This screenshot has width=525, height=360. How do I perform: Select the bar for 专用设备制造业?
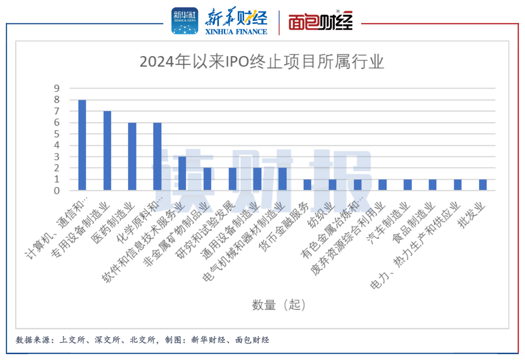[x=107, y=151]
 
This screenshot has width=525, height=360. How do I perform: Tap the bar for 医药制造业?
[x=132, y=156]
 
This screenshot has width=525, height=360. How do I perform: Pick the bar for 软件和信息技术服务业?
[x=182, y=173]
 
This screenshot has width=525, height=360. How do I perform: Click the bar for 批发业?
[x=483, y=185]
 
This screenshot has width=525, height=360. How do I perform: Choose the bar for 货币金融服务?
[x=307, y=185]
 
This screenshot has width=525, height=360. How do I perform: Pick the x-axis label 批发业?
[x=472, y=214]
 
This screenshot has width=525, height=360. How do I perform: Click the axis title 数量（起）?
[x=279, y=305]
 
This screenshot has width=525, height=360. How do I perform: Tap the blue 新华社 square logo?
[x=185, y=21]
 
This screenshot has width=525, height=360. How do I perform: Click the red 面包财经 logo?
[x=320, y=22]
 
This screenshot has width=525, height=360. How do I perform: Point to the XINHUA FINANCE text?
[x=237, y=32]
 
